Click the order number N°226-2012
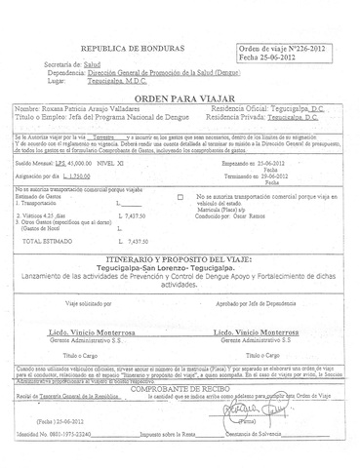click(293, 48)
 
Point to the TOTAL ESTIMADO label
click(47, 240)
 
